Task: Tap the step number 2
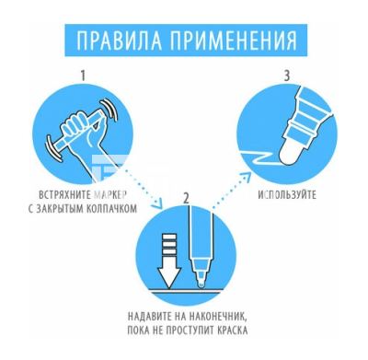tap(186, 196)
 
